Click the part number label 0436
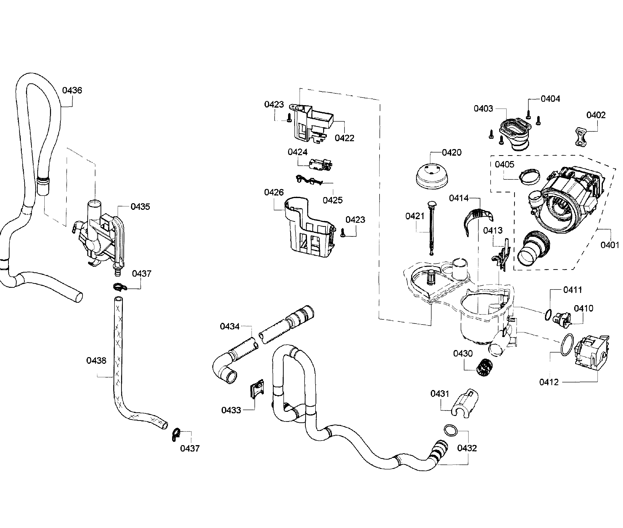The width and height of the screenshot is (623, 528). tap(72, 90)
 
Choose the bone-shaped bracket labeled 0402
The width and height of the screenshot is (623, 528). tap(581, 137)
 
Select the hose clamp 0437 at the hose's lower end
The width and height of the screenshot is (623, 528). tap(176, 435)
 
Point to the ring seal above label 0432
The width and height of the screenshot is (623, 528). tap(451, 430)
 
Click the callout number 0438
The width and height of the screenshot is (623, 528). tap(96, 360)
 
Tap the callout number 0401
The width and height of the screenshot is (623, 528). tap(610, 245)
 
